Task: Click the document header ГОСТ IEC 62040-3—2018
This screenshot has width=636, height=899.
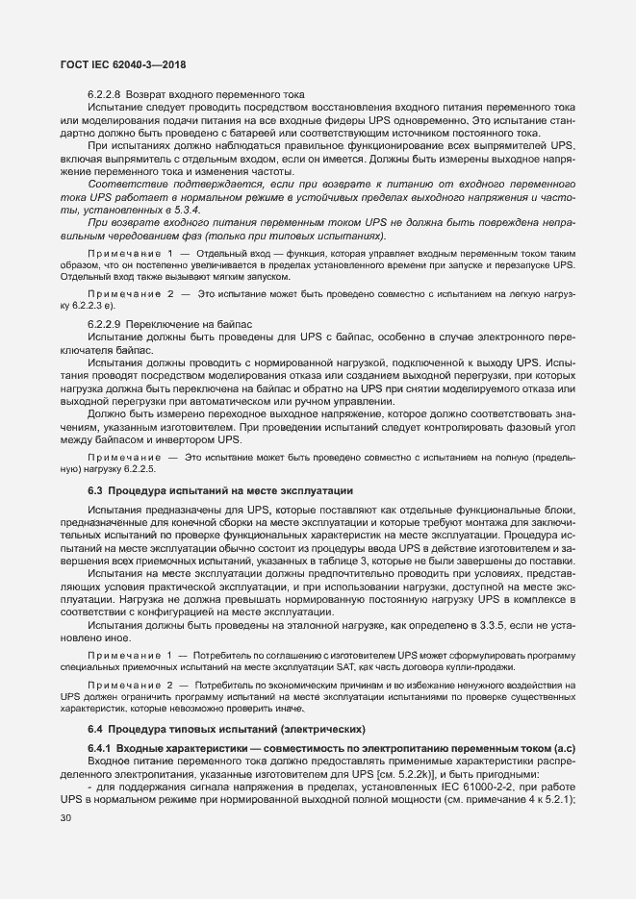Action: [x=116, y=64]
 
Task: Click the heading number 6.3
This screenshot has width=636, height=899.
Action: [x=94, y=489]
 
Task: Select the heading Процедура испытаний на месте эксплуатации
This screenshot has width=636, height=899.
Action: [x=230, y=489]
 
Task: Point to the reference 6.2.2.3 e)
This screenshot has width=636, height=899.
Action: [x=107, y=304]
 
